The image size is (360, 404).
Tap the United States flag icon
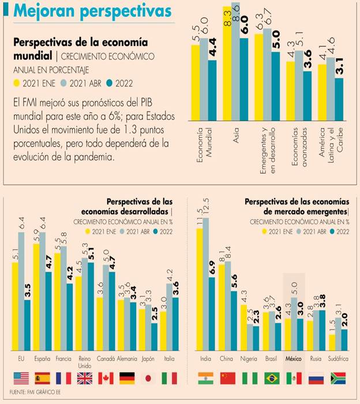pos(22,378)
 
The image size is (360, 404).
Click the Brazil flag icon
pos(271,378)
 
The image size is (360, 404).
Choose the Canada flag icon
pos(105,378)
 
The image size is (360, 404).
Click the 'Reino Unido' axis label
pos(84,361)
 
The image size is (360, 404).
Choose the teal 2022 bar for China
pos(234,320)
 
